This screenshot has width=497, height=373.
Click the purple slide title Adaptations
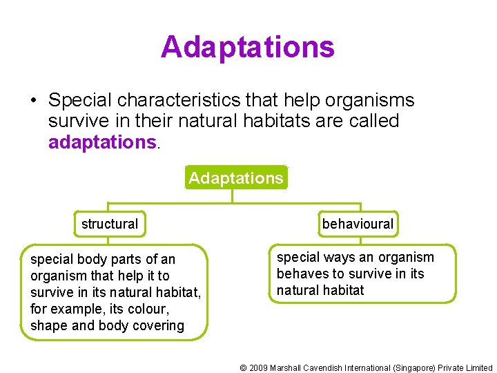[247, 47]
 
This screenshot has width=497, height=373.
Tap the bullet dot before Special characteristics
[33, 101]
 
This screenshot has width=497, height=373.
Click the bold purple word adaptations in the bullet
[103, 142]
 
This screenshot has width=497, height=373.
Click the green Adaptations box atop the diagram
[236, 178]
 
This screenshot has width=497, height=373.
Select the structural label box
[110, 224]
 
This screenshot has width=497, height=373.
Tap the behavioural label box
[357, 224]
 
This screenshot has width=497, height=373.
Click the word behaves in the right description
[302, 274]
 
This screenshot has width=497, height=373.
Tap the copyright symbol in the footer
[243, 368]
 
